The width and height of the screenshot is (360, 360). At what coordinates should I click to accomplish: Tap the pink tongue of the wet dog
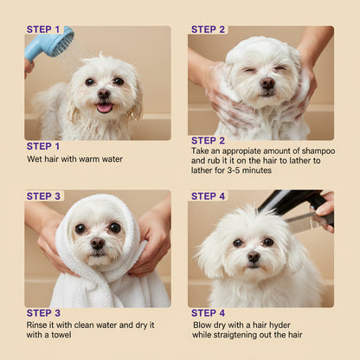click(x=104, y=107)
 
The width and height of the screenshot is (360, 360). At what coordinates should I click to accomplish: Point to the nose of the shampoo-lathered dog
click(x=267, y=83)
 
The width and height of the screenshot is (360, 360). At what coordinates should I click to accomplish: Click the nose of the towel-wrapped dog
click(x=98, y=246)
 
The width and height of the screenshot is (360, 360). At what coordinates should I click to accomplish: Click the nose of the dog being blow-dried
click(x=253, y=256)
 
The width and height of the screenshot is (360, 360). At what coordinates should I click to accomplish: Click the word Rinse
click(x=39, y=325)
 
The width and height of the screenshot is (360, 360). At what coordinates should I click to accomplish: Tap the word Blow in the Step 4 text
click(x=204, y=325)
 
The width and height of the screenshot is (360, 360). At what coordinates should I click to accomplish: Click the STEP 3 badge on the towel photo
click(x=44, y=196)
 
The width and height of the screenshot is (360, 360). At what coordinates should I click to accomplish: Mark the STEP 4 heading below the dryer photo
click(x=209, y=312)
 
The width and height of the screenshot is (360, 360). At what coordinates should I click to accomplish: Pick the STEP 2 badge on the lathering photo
click(x=209, y=29)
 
